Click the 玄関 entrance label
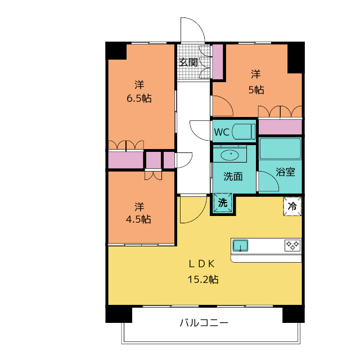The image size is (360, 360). coord(188,62)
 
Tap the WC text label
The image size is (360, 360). coord(221,133)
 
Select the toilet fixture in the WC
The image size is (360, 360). coord(244,132)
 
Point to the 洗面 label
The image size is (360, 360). coord(233,176)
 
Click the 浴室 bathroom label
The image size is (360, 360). coord(285,172)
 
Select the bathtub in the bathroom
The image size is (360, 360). coord(280,148)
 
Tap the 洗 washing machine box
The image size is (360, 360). coord(223,203)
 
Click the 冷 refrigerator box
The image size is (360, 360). coord(292,206)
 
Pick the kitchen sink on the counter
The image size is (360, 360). coord(240,246)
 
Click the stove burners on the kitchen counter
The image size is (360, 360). coord(292,245)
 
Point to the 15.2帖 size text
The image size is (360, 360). coord(203,278)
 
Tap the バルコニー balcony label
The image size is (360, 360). coord(204,323)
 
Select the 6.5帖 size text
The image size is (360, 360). coord(139,98)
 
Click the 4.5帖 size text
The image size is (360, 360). coord(138,219)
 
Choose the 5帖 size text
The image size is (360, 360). coord(256,89)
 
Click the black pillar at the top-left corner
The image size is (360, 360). coord(116,50)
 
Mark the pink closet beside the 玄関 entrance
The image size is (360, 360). coord(217,61)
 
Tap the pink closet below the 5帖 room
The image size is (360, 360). coord(280,127)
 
